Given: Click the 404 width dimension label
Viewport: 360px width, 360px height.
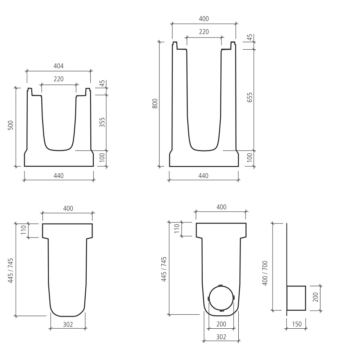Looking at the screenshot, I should point(58,66).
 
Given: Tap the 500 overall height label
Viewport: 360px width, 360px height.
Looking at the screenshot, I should point(11,125).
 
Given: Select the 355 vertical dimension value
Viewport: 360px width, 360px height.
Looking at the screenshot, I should point(102,123).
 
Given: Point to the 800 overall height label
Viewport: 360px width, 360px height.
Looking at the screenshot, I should point(155,104).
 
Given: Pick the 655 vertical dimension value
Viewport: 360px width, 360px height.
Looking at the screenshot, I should point(250,98).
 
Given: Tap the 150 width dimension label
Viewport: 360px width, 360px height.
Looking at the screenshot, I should point(297,324).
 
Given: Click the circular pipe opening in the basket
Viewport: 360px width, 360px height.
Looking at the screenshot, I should point(221,298).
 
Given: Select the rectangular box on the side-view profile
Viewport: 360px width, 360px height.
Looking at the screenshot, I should point(296,298).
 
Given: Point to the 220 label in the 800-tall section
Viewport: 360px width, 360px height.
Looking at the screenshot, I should point(204,32).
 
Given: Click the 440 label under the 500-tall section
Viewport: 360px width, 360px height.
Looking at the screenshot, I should point(58,176).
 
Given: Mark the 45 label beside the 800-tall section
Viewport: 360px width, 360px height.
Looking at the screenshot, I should point(250,38).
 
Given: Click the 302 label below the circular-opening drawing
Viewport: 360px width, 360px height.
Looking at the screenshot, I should point(221,337).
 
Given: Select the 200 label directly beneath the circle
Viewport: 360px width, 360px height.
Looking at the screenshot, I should point(221,324).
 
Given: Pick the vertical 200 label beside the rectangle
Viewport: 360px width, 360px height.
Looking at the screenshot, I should point(315,297).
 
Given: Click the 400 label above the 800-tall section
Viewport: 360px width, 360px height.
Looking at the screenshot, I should point(204,19).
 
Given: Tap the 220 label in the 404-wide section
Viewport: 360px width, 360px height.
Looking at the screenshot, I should point(58,79).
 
